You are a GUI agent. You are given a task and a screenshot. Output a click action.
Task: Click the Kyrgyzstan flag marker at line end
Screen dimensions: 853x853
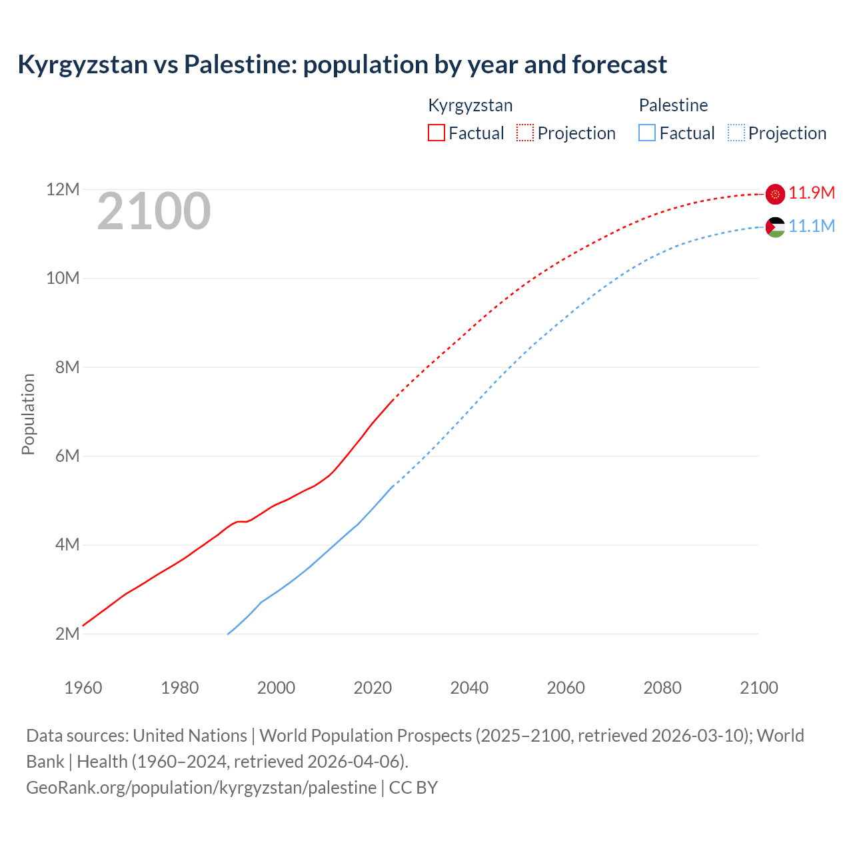point(775,194)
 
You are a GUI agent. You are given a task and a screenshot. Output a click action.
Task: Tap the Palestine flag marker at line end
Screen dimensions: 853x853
point(775,227)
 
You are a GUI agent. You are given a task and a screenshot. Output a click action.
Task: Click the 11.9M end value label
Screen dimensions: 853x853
point(812,193)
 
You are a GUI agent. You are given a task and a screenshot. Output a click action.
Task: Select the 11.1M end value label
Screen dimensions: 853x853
point(812,227)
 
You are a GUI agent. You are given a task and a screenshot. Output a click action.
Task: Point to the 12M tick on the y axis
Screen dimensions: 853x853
point(63,190)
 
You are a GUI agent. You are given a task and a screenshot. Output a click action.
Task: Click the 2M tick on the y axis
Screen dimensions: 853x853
point(67,634)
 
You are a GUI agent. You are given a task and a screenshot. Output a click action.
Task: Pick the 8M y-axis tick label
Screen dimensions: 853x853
point(67,367)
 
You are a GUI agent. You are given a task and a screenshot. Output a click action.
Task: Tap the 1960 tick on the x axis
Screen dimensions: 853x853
point(83,688)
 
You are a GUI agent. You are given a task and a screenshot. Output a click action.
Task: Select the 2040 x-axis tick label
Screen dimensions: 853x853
point(469,688)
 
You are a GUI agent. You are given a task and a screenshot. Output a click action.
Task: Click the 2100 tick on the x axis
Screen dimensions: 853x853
point(759,688)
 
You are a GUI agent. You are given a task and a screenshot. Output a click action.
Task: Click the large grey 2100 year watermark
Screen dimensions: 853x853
point(154,212)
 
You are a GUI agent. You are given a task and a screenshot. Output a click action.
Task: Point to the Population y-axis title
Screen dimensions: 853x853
point(28,414)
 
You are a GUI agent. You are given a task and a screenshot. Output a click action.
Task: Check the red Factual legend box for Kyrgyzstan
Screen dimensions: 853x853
point(436,133)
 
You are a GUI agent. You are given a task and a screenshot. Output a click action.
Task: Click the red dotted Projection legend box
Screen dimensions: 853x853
point(525,133)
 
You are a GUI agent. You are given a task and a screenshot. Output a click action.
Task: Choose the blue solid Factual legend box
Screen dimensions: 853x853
point(647,133)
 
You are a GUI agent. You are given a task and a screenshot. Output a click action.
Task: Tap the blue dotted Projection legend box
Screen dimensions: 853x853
point(736,133)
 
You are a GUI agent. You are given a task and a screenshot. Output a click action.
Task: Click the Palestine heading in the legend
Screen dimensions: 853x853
point(673,105)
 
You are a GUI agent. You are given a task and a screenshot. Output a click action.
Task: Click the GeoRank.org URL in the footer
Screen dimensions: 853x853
point(201,788)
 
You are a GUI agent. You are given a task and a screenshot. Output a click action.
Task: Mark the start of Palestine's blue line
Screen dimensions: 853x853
point(229,634)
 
